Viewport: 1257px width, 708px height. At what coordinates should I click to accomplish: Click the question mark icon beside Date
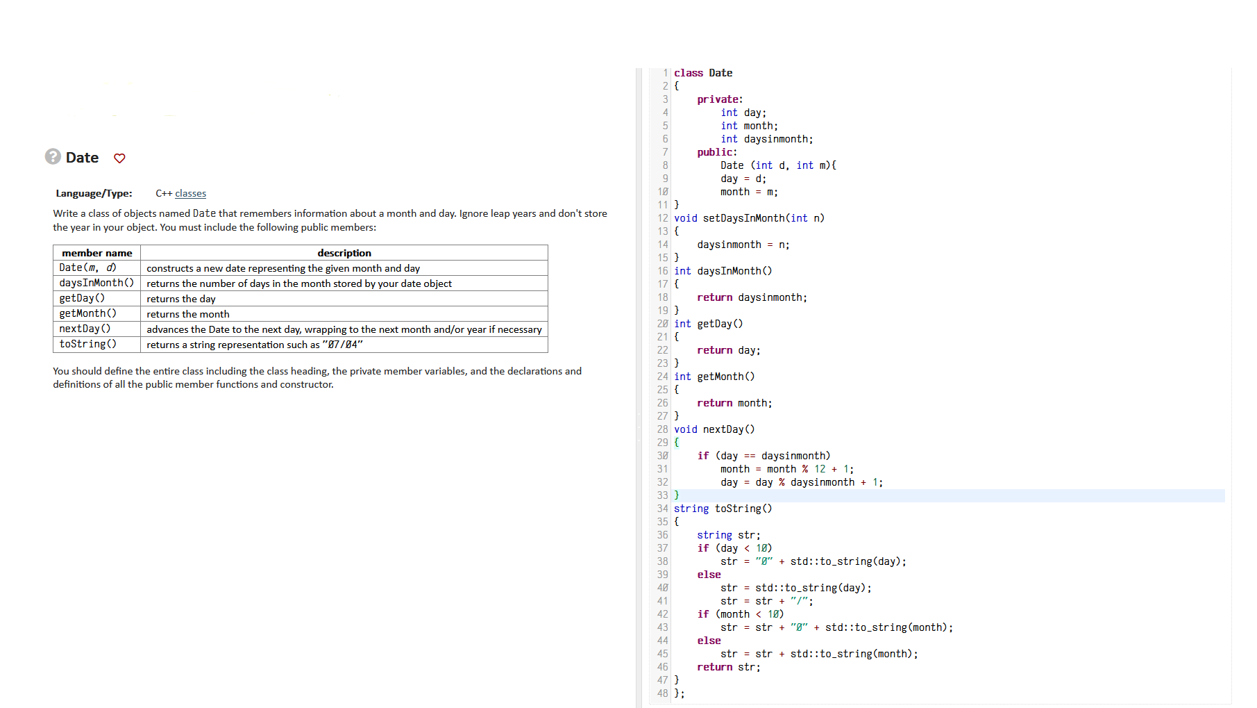[x=53, y=156]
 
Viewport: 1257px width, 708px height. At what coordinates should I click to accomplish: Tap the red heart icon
[x=119, y=158]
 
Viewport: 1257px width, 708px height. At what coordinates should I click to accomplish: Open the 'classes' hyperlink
[x=190, y=193]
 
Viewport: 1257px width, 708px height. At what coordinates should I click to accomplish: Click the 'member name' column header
[x=96, y=253]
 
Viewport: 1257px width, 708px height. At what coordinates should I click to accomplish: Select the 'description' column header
[x=344, y=253]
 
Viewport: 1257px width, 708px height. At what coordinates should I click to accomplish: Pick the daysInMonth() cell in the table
[x=96, y=283]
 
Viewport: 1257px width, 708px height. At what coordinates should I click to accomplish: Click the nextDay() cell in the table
[x=85, y=329]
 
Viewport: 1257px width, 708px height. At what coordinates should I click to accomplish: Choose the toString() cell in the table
[x=87, y=344]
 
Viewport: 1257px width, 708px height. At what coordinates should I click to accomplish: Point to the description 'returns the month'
[x=188, y=314]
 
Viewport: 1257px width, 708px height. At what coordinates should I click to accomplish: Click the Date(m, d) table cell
[x=87, y=267]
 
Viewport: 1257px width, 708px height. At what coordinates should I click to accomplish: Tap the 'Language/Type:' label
[x=94, y=193]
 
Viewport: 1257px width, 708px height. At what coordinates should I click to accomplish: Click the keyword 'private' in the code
[x=718, y=99]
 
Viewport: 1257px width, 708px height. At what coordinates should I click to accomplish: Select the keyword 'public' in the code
[x=715, y=152]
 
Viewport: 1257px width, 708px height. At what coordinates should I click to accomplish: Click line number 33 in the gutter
[x=662, y=495]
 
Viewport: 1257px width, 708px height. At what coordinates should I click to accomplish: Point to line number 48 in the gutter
[x=662, y=693]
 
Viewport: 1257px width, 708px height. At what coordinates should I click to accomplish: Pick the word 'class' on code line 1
[x=689, y=73]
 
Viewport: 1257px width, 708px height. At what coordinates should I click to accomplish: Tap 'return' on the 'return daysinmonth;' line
[x=714, y=297]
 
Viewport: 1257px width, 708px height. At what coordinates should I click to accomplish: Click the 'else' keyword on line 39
[x=709, y=575]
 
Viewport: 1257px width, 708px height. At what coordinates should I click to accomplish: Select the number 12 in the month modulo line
[x=820, y=469]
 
